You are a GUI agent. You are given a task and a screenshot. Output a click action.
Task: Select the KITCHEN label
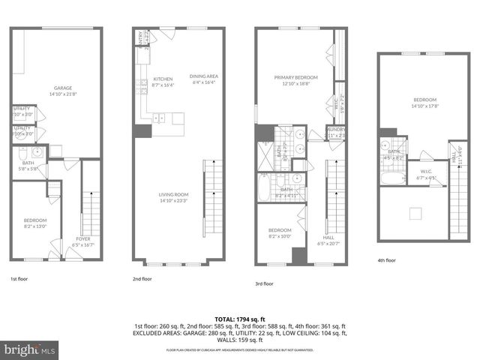[163, 79]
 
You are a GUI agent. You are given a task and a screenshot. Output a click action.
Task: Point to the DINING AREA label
[203, 76]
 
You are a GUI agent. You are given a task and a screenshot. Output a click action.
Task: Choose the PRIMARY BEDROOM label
[295, 77]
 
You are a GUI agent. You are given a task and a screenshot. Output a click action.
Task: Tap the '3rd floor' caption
[264, 283]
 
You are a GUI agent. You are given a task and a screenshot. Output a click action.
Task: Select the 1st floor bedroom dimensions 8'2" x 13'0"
[35, 226]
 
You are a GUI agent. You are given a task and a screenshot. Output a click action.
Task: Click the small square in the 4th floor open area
[415, 214]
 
